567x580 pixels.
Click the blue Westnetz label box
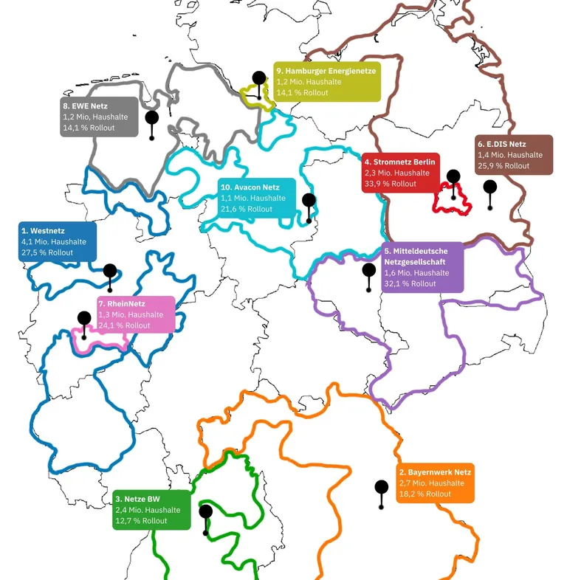point(58,241)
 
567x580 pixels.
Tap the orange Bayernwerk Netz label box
point(435,483)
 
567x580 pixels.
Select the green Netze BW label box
point(152,510)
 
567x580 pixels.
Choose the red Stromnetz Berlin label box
point(400,173)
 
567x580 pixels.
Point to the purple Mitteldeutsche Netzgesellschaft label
point(422,267)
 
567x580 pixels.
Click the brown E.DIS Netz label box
point(513,155)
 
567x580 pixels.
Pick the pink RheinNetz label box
point(136,314)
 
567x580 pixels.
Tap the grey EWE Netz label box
point(99,117)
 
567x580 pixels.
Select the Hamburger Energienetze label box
point(326,82)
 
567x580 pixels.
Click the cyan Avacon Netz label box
point(256,198)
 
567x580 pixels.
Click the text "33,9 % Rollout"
point(391,184)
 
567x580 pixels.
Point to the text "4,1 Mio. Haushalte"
point(54,241)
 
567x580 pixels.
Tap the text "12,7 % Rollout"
point(141,521)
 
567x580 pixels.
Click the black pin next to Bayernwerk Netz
point(382,488)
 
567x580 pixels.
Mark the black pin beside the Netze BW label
point(205,512)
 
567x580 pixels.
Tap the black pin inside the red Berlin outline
point(453,177)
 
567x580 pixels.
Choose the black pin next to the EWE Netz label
point(152,118)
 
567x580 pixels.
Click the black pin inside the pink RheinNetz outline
point(84,319)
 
